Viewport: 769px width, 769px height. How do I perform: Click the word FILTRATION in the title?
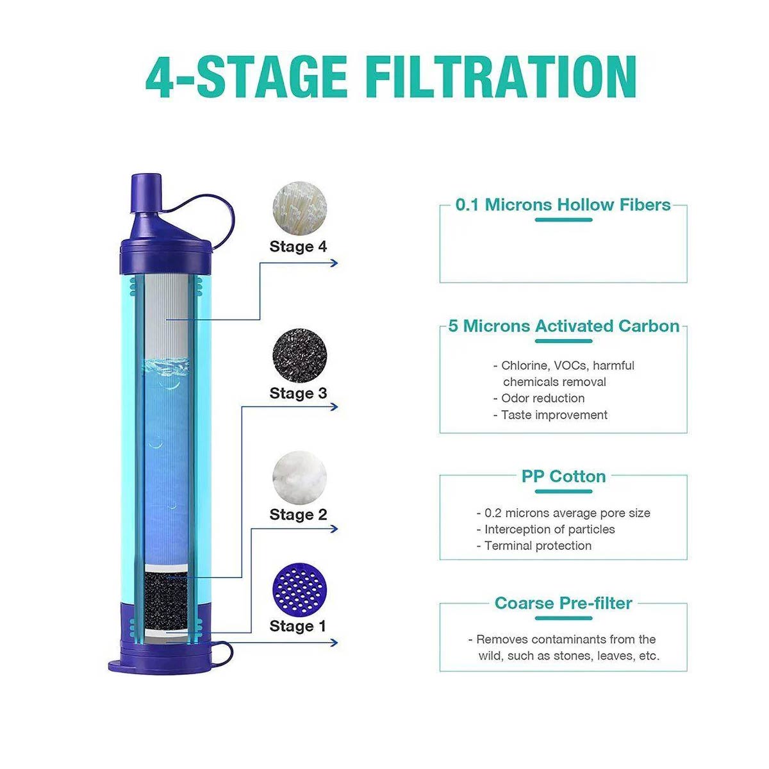click(501, 77)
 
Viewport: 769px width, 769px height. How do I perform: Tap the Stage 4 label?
click(298, 247)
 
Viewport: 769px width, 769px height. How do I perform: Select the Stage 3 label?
click(298, 393)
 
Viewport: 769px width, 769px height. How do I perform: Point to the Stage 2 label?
click(298, 515)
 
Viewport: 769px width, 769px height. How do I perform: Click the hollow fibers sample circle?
click(300, 208)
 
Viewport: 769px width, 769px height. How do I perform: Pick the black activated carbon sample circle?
click(300, 355)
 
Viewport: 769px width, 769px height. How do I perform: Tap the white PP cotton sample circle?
click(299, 477)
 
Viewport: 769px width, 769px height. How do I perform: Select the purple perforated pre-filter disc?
click(299, 589)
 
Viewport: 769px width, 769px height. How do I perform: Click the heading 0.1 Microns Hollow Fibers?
click(563, 204)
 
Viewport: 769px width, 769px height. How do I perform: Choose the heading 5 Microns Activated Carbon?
click(563, 326)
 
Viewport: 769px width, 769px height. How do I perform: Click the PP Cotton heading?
click(563, 476)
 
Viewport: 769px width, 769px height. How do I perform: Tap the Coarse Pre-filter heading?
click(563, 603)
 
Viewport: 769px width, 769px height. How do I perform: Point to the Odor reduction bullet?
click(539, 398)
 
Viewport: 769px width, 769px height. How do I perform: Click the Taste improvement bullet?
click(550, 415)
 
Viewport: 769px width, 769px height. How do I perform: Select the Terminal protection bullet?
click(534, 545)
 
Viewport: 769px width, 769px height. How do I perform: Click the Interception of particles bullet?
click(545, 529)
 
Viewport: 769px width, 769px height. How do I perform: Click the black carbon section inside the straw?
click(165, 601)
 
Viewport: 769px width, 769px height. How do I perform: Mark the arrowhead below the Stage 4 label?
click(335, 263)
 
